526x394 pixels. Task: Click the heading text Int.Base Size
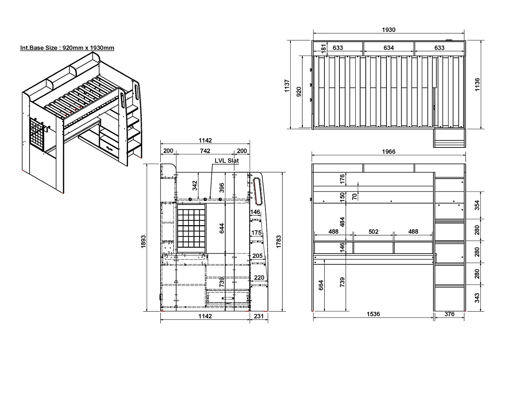click(39, 48)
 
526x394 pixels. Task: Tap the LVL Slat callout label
click(227, 160)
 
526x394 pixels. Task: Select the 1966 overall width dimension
click(389, 152)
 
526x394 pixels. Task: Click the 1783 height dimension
click(278, 242)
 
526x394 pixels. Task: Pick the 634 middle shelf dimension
click(389, 48)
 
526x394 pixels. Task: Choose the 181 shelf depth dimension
click(324, 49)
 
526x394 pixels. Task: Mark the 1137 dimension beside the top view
click(287, 86)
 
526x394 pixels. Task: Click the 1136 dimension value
click(477, 84)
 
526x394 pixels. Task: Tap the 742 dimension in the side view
click(205, 151)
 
